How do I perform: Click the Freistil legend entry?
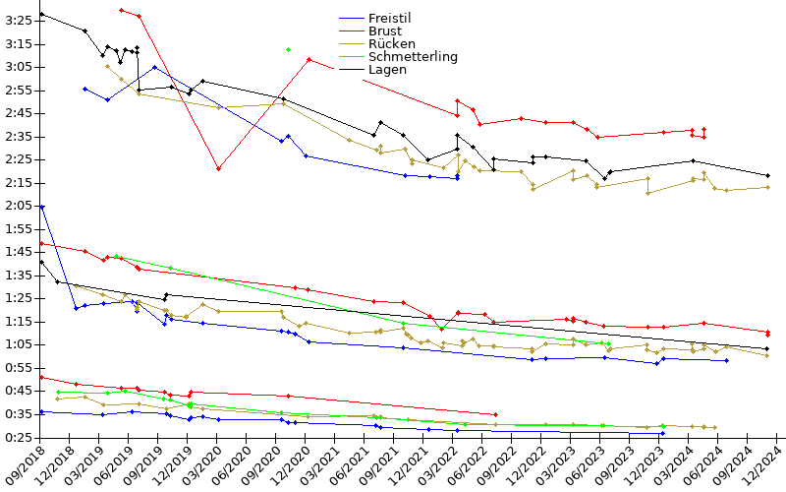389,19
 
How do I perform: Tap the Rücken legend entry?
391,44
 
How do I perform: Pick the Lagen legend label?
386,70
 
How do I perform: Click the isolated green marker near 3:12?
288,49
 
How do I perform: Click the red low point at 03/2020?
218,168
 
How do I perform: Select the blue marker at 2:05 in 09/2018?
41,207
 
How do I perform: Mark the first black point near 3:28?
41,15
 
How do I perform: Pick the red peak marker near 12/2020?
309,59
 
